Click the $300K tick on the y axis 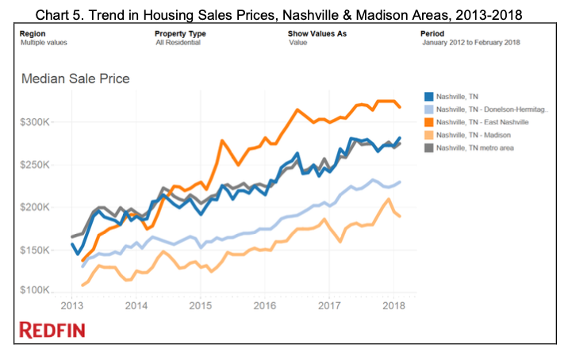(x=37, y=122)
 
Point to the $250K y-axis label (x=37, y=165)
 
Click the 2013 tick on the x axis (x=72, y=304)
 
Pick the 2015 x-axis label (x=201, y=304)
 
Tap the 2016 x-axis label (x=266, y=304)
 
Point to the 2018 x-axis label (x=394, y=304)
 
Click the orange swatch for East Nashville (x=428, y=122)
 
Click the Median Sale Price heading (x=75, y=79)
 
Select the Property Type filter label (x=178, y=33)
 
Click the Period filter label (x=432, y=33)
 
